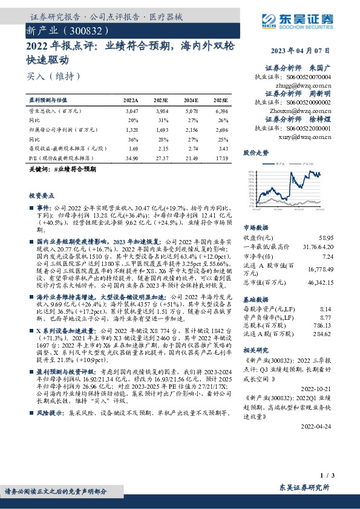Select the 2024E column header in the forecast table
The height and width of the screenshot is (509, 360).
tap(191, 99)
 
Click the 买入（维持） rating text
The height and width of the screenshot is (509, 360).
tap(53, 76)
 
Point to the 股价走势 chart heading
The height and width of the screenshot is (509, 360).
tap(255, 153)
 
